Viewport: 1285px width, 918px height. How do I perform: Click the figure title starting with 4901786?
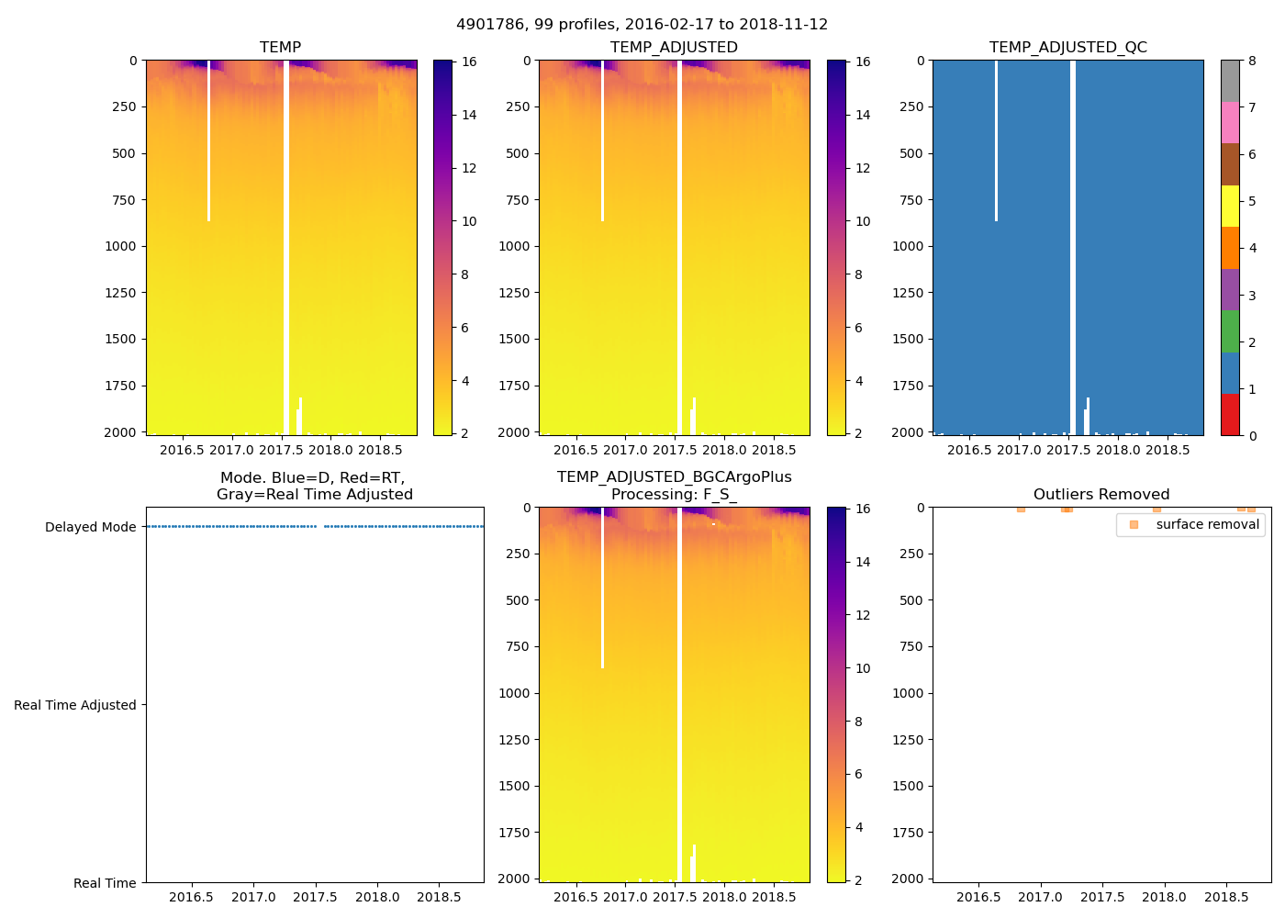(x=642, y=25)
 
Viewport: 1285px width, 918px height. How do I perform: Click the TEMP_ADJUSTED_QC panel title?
(x=1067, y=48)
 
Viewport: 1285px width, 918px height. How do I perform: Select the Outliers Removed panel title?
(x=1101, y=495)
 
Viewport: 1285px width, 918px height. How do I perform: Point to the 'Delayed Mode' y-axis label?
(x=90, y=527)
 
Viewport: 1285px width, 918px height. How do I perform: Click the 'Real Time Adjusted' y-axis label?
(x=74, y=705)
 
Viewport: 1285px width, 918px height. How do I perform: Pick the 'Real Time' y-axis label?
(x=105, y=883)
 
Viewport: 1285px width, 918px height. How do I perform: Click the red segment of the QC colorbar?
(x=1230, y=414)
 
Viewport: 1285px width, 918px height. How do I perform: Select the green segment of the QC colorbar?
(x=1230, y=331)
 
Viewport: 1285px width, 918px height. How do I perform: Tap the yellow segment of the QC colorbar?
(x=1230, y=206)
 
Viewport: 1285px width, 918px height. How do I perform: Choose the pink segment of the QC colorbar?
(x=1230, y=122)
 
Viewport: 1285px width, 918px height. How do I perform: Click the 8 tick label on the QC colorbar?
(x=1252, y=62)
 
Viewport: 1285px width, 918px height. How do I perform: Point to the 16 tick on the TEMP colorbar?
(x=469, y=62)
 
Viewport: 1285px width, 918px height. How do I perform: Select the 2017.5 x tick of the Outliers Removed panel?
(x=1101, y=897)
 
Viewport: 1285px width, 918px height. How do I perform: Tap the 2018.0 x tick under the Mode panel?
(x=377, y=897)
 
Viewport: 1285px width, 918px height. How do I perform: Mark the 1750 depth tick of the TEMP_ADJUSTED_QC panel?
(x=908, y=386)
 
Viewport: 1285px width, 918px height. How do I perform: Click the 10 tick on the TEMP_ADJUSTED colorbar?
(x=863, y=221)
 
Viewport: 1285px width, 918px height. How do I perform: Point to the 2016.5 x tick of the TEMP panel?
(x=182, y=450)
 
